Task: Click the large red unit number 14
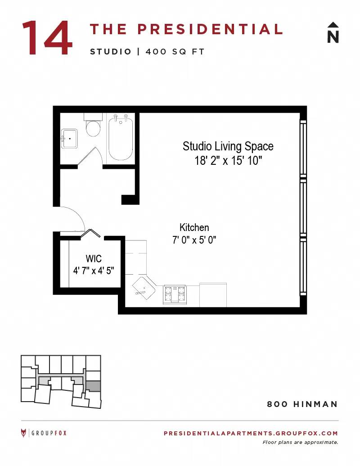[x=47, y=38]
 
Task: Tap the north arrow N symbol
[x=333, y=32]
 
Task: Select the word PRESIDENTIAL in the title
[x=210, y=29]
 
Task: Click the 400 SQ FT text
[x=175, y=52]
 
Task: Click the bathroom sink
[x=69, y=139]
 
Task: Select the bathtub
[x=120, y=137]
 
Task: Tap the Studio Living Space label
[x=228, y=146]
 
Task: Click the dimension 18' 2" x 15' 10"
[x=228, y=161]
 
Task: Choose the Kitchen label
[x=194, y=228]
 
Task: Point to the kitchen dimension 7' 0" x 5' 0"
[x=194, y=240]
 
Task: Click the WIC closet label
[x=94, y=258]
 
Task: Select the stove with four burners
[x=174, y=294]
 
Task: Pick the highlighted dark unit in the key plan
[x=93, y=386]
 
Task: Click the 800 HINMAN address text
[x=302, y=404]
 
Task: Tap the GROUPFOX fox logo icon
[x=23, y=433]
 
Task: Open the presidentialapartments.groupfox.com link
[x=251, y=433]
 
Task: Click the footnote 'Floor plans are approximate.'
[x=300, y=443]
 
